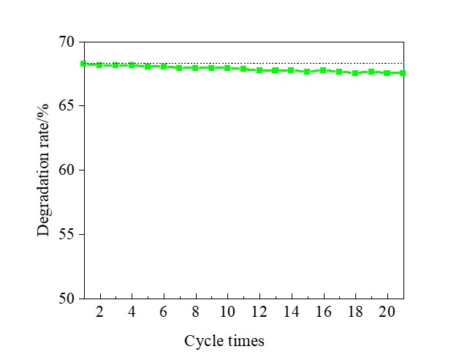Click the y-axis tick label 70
[66, 42]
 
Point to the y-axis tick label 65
[66, 106]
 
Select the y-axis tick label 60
[66, 170]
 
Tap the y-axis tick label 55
[66, 234]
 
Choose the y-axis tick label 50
[66, 299]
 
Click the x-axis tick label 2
[99, 311]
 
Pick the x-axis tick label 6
[164, 311]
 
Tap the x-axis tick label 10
[227, 311]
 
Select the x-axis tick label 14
[291, 311]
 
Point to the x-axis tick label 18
[355, 311]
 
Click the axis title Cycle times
[224, 341]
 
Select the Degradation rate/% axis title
[44, 170]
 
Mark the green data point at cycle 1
[83, 64]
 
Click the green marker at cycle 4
[132, 65]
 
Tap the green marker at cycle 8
[195, 67]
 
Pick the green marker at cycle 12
[259, 70]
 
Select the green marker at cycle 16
[323, 70]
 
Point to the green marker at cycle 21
[403, 73]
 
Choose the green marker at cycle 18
[355, 73]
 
